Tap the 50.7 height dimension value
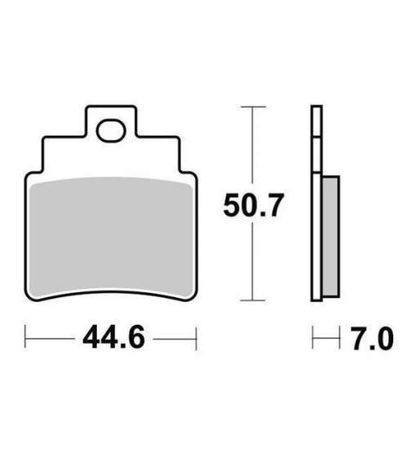(x=254, y=207)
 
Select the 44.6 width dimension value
(x=112, y=336)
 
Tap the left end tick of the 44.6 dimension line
(x=27, y=336)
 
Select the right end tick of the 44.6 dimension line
(x=196, y=336)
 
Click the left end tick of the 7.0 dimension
(x=314, y=336)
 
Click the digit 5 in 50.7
(x=233, y=207)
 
